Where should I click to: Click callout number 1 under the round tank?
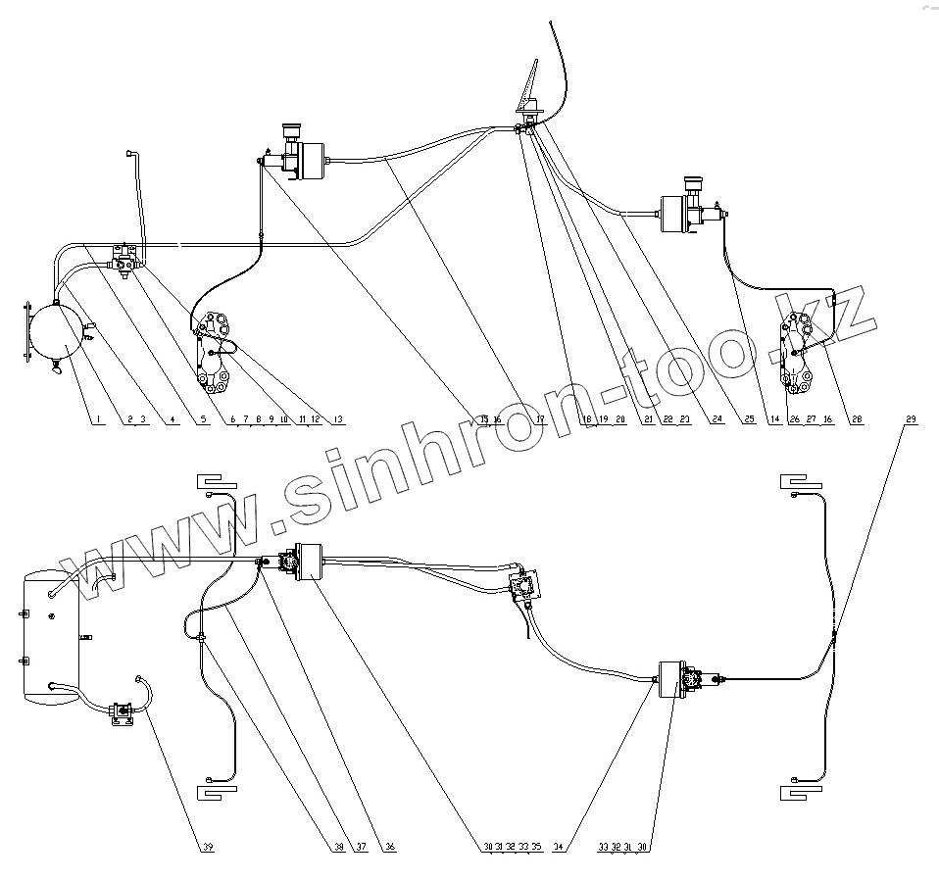[x=97, y=419]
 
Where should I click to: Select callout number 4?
[x=173, y=419]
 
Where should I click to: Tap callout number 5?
[x=204, y=419]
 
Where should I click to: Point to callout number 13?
[x=339, y=419]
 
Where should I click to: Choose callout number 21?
[x=648, y=419]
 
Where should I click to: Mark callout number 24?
[x=717, y=419]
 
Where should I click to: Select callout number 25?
[x=749, y=419]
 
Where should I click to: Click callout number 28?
[x=857, y=419]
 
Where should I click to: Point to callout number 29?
[x=912, y=419]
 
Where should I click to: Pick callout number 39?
[x=208, y=847]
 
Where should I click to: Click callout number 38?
[x=338, y=847]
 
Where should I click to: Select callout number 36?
[x=390, y=847]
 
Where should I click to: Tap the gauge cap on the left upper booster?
[x=290, y=130]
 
